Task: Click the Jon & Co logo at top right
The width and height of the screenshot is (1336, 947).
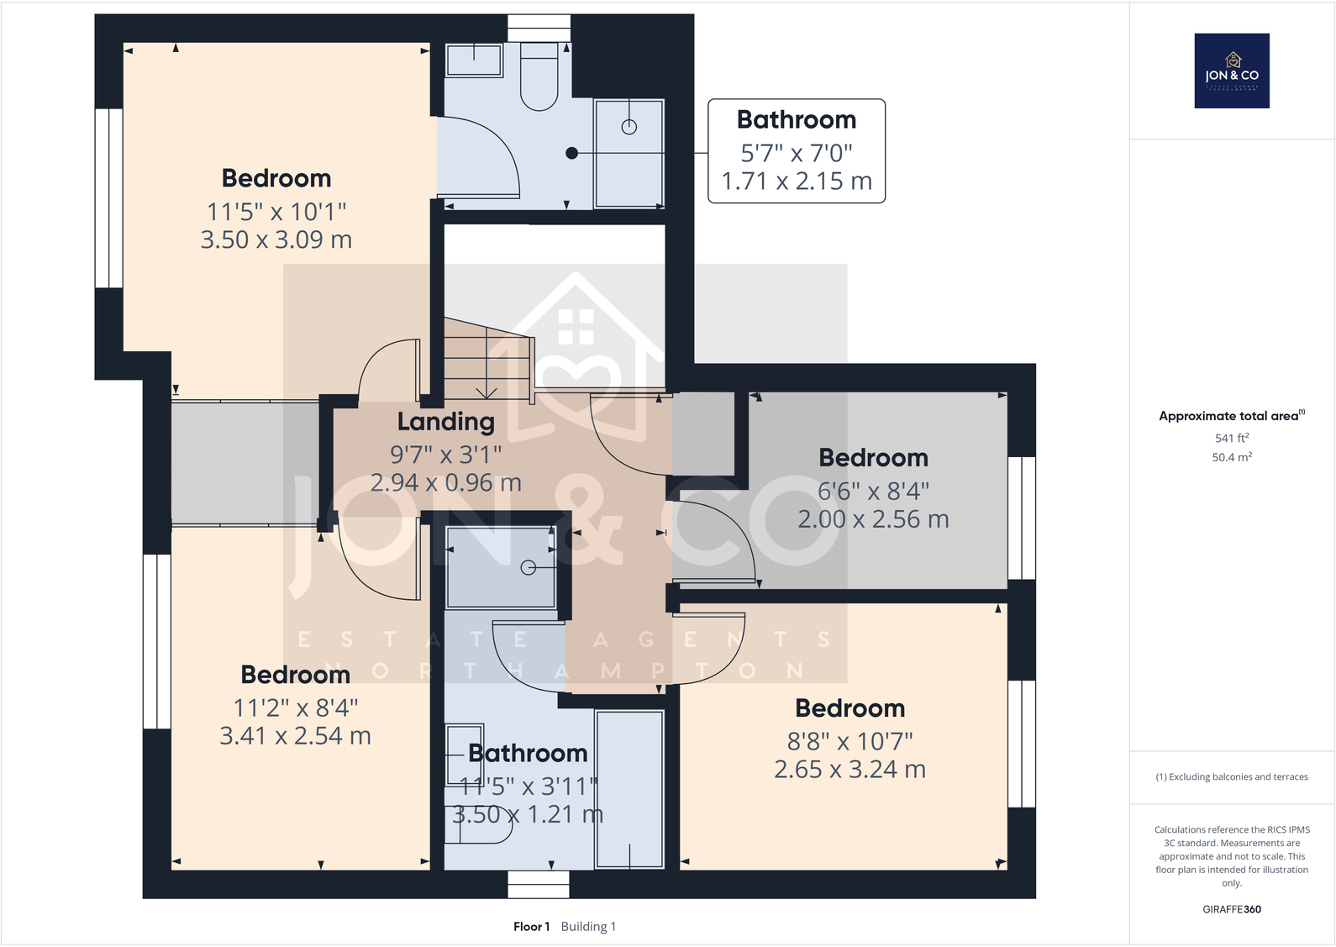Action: pyautogui.click(x=1232, y=71)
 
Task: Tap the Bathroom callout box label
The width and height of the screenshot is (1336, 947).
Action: pyautogui.click(x=797, y=120)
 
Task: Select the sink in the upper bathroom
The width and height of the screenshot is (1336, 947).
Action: pyautogui.click(x=474, y=61)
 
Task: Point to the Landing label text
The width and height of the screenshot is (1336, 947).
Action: pyautogui.click(x=445, y=421)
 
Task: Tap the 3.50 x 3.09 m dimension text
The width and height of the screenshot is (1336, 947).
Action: pyautogui.click(x=276, y=239)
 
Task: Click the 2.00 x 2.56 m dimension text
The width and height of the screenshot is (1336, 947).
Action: pyautogui.click(x=873, y=519)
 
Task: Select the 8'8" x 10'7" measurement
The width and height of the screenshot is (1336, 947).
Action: pyautogui.click(x=849, y=741)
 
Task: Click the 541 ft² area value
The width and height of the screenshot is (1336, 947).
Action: pyautogui.click(x=1232, y=438)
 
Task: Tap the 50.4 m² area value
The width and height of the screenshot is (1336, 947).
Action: pyautogui.click(x=1232, y=457)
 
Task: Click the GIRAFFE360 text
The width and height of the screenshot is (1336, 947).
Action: pyautogui.click(x=1232, y=909)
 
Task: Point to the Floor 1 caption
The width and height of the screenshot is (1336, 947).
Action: pyautogui.click(x=531, y=926)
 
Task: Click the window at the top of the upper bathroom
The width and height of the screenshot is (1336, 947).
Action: pyautogui.click(x=539, y=28)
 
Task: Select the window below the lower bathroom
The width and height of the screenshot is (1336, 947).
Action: pyautogui.click(x=539, y=884)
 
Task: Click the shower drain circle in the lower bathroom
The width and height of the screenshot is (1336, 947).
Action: pyautogui.click(x=528, y=568)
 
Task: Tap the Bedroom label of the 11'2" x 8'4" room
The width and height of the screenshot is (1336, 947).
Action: pyautogui.click(x=295, y=675)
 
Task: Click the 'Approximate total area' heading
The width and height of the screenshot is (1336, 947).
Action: pyautogui.click(x=1230, y=416)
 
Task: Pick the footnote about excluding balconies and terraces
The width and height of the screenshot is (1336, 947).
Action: pyautogui.click(x=1232, y=776)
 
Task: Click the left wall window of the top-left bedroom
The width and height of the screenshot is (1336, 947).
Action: pyautogui.click(x=109, y=197)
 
